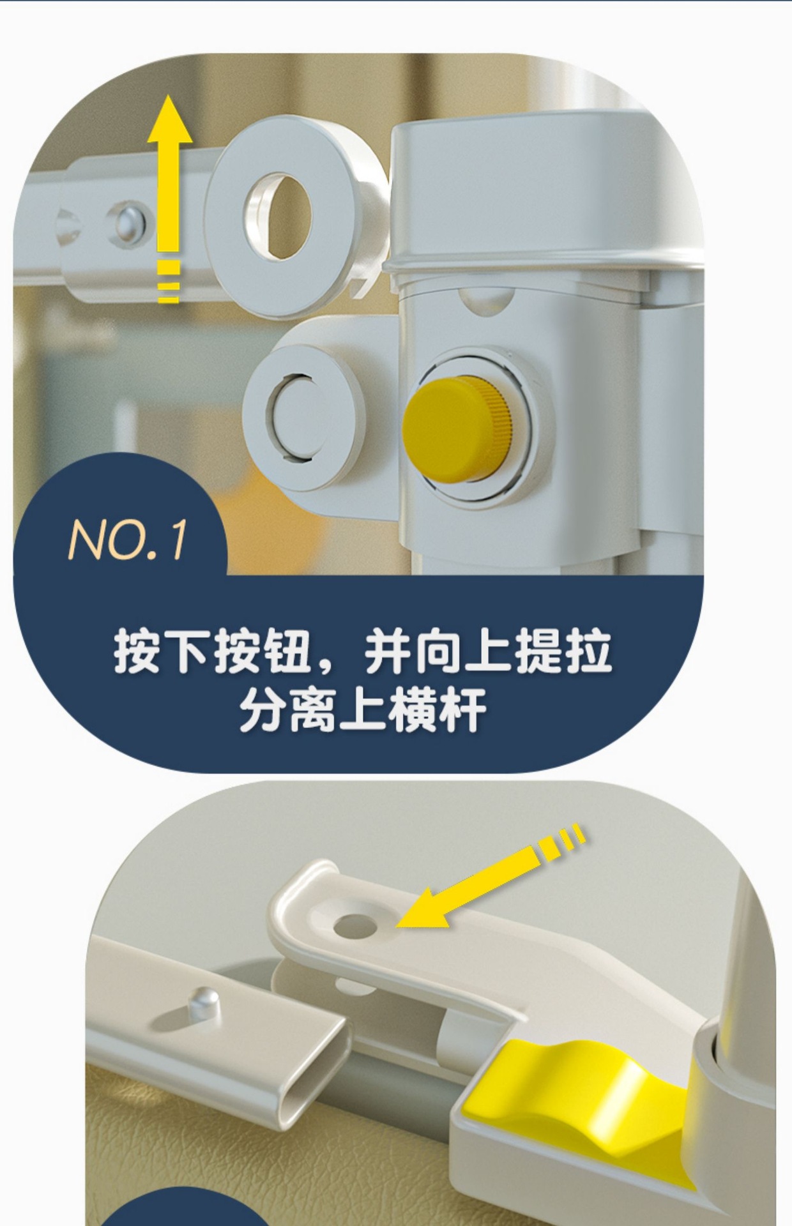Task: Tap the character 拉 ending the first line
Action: click(590, 653)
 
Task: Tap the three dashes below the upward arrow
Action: click(169, 282)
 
